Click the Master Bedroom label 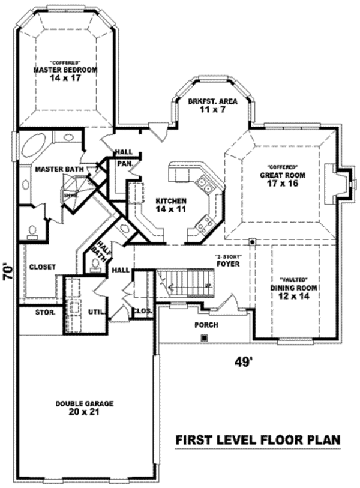pos(65,68)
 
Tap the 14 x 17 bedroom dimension pos(65,78)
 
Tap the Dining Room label pos(293,288)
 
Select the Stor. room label pos(46,312)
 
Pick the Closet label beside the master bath pos(42,267)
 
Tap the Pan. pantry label pos(124,163)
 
